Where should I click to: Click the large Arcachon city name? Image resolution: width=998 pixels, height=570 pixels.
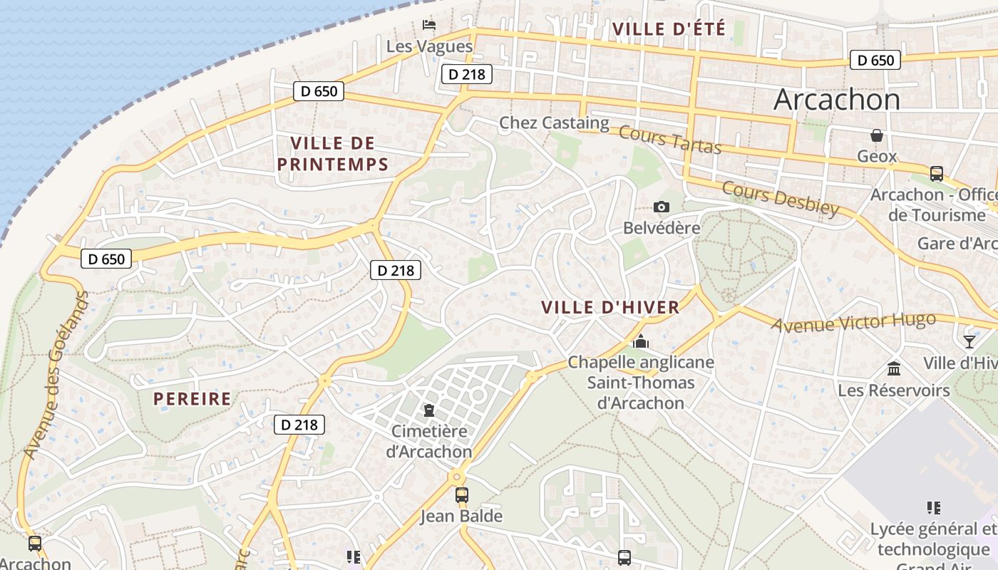(837, 100)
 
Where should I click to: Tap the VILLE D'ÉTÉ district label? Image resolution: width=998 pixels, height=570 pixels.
(669, 29)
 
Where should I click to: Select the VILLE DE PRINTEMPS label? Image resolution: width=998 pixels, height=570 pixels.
(332, 154)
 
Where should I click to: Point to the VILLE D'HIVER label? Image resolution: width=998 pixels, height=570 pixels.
(610, 308)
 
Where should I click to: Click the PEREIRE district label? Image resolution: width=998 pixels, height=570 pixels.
(192, 399)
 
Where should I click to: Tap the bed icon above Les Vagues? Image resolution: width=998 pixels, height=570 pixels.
(429, 25)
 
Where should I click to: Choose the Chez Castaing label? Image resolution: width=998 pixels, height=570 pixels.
(554, 123)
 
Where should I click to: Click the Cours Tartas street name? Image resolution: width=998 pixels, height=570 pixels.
(670, 140)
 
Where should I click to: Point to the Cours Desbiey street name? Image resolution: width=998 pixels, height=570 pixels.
(781, 198)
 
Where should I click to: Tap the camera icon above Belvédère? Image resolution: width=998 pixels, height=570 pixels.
(662, 207)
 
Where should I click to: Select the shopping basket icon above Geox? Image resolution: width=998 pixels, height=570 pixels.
(877, 135)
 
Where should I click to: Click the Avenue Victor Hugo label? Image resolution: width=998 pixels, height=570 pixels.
(854, 323)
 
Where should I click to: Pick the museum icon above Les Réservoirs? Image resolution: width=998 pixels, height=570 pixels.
(894, 368)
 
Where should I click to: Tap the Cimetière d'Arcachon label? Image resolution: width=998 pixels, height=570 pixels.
(429, 442)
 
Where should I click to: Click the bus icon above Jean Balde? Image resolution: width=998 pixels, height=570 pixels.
(462, 494)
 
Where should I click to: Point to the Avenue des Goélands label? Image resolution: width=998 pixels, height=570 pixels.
(56, 374)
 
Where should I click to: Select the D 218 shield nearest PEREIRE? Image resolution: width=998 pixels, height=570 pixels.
(299, 425)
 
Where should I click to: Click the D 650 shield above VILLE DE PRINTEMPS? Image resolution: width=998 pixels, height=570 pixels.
(319, 91)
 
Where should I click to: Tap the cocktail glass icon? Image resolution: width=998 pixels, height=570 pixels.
(969, 341)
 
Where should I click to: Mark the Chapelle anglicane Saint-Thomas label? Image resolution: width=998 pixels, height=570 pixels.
(640, 383)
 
